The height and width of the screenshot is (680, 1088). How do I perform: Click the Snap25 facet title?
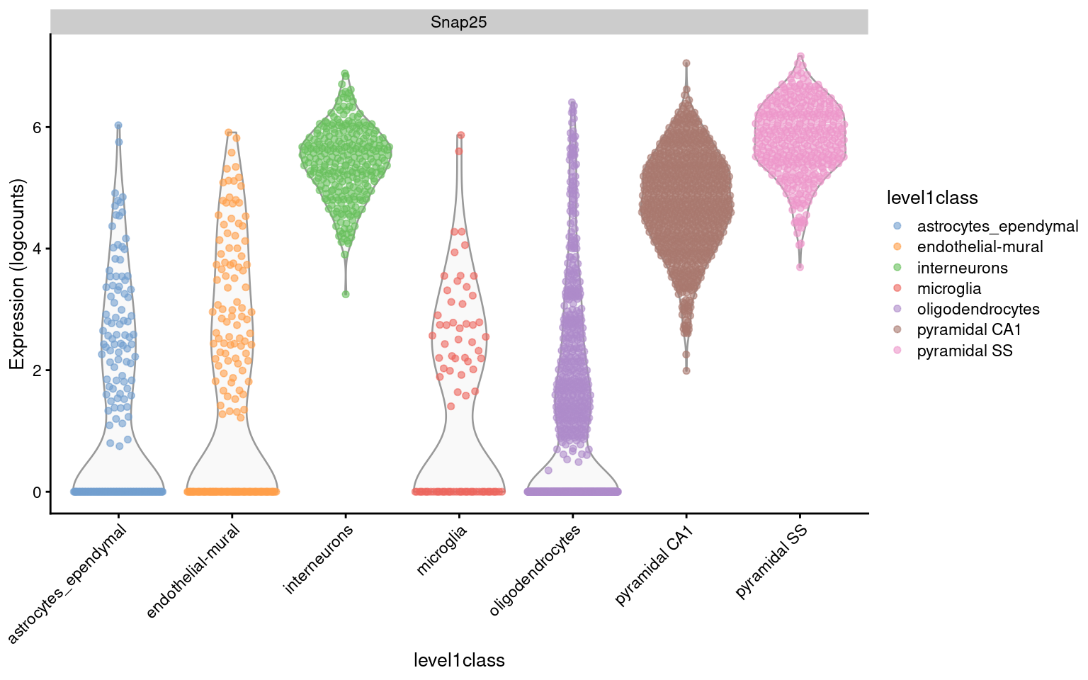(458, 22)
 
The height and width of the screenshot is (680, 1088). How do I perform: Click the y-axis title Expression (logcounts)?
(17, 274)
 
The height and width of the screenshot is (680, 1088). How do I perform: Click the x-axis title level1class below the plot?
(458, 660)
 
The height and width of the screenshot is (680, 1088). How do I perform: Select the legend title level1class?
(931, 198)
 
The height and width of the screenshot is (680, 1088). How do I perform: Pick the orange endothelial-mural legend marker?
(897, 246)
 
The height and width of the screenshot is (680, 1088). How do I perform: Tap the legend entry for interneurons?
(961, 268)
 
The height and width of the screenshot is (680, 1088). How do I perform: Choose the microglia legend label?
(948, 288)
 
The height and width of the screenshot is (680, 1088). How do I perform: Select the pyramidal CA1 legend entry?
(968, 329)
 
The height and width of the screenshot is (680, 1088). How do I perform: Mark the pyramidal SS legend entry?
(964, 351)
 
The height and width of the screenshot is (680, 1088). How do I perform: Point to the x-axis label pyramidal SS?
(771, 563)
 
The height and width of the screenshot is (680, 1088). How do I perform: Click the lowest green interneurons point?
(346, 293)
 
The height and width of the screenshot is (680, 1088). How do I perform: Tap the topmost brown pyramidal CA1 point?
(686, 63)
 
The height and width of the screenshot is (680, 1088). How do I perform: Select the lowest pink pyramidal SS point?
(800, 267)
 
